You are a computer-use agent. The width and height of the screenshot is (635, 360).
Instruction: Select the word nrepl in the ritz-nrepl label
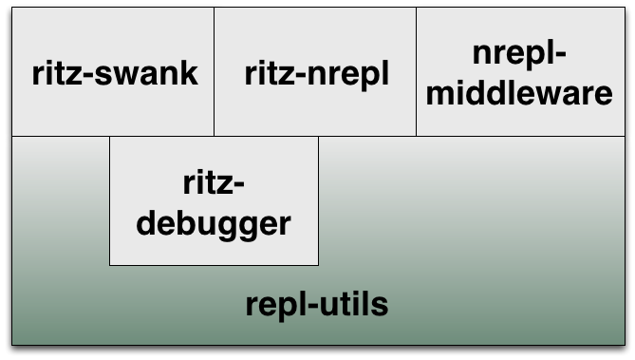(346, 74)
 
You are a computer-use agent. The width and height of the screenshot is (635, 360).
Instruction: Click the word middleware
(518, 95)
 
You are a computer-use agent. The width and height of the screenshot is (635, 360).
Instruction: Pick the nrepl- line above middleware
(519, 55)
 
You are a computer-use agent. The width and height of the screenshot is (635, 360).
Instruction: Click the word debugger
(214, 224)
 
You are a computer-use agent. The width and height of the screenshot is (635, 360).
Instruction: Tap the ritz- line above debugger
(215, 184)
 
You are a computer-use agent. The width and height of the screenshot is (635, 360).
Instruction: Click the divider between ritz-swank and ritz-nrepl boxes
(214, 72)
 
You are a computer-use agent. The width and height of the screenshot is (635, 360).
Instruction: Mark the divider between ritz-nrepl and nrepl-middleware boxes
(416, 72)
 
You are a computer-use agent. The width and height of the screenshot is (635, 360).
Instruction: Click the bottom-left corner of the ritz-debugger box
(110, 264)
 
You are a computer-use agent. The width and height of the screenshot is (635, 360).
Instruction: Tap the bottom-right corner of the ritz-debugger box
(318, 264)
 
